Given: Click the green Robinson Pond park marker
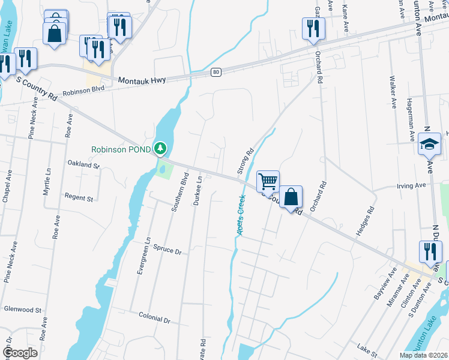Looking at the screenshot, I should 160,148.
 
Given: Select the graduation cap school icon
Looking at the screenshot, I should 429,144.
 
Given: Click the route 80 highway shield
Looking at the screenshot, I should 216,72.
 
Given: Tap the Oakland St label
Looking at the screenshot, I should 83,163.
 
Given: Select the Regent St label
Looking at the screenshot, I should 79,197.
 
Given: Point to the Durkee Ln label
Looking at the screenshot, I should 199,191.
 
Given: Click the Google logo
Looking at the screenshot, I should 20,353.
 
